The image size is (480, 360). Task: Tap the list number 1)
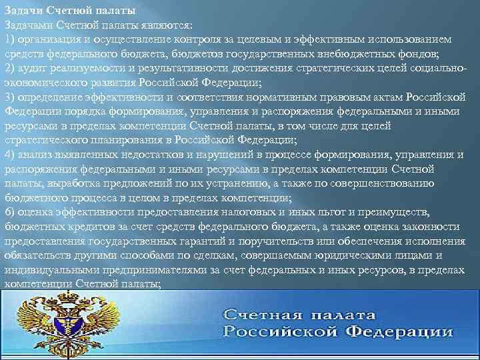click(9, 39)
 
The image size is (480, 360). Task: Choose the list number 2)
click(9, 69)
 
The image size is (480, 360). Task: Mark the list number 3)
click(9, 98)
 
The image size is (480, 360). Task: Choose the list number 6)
click(9, 213)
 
